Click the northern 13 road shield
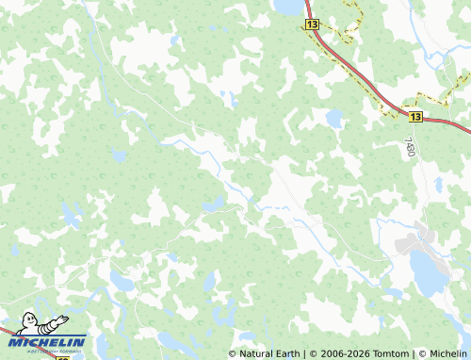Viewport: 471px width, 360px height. pyautogui.click(x=313, y=24)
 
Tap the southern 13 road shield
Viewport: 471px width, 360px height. pyautogui.click(x=415, y=117)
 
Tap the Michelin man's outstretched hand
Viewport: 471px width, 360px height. pyautogui.click(x=63, y=319)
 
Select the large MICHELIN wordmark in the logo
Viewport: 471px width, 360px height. pyautogui.click(x=49, y=341)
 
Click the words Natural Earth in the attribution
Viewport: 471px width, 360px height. pyautogui.click(x=269, y=353)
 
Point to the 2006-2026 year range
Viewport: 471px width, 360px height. pyautogui.click(x=340, y=353)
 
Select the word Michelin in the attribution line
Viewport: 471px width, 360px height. pyautogui.click(x=447, y=353)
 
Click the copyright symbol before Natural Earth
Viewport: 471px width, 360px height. pyautogui.click(x=233, y=353)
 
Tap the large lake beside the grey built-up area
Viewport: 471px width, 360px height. pyautogui.click(x=429, y=274)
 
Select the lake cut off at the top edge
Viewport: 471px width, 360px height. pyautogui.click(x=286, y=7)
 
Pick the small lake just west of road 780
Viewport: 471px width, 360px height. pyautogui.click(x=333, y=119)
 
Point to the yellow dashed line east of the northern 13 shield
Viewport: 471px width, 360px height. pyautogui.click(x=350, y=21)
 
